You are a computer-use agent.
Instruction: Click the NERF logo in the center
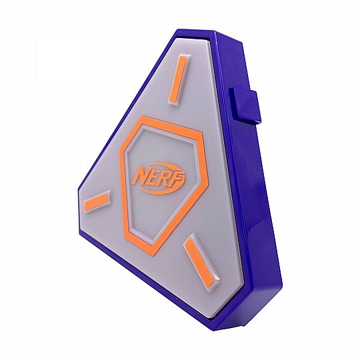[x=160, y=179]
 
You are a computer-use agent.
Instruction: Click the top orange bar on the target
[x=179, y=81]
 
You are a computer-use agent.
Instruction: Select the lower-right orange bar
[x=199, y=257]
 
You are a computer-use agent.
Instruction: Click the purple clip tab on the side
[x=245, y=105]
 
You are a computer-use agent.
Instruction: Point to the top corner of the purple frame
[x=180, y=29]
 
